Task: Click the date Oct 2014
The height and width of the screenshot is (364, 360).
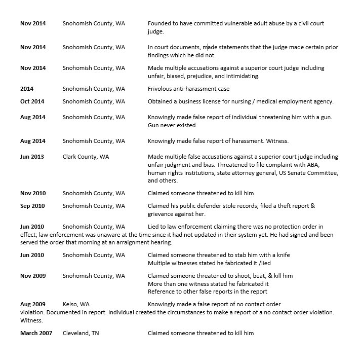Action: coord(32,101)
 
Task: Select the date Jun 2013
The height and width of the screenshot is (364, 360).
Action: coord(32,157)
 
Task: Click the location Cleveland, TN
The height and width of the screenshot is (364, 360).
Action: coord(81,333)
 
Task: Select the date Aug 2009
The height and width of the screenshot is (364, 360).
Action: coord(32,304)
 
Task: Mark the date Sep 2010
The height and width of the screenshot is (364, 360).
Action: coord(32,206)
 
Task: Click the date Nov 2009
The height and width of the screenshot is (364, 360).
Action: coord(32,276)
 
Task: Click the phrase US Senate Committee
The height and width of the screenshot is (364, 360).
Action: coord(308,173)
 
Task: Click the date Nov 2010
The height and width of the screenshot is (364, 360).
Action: coord(32,193)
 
